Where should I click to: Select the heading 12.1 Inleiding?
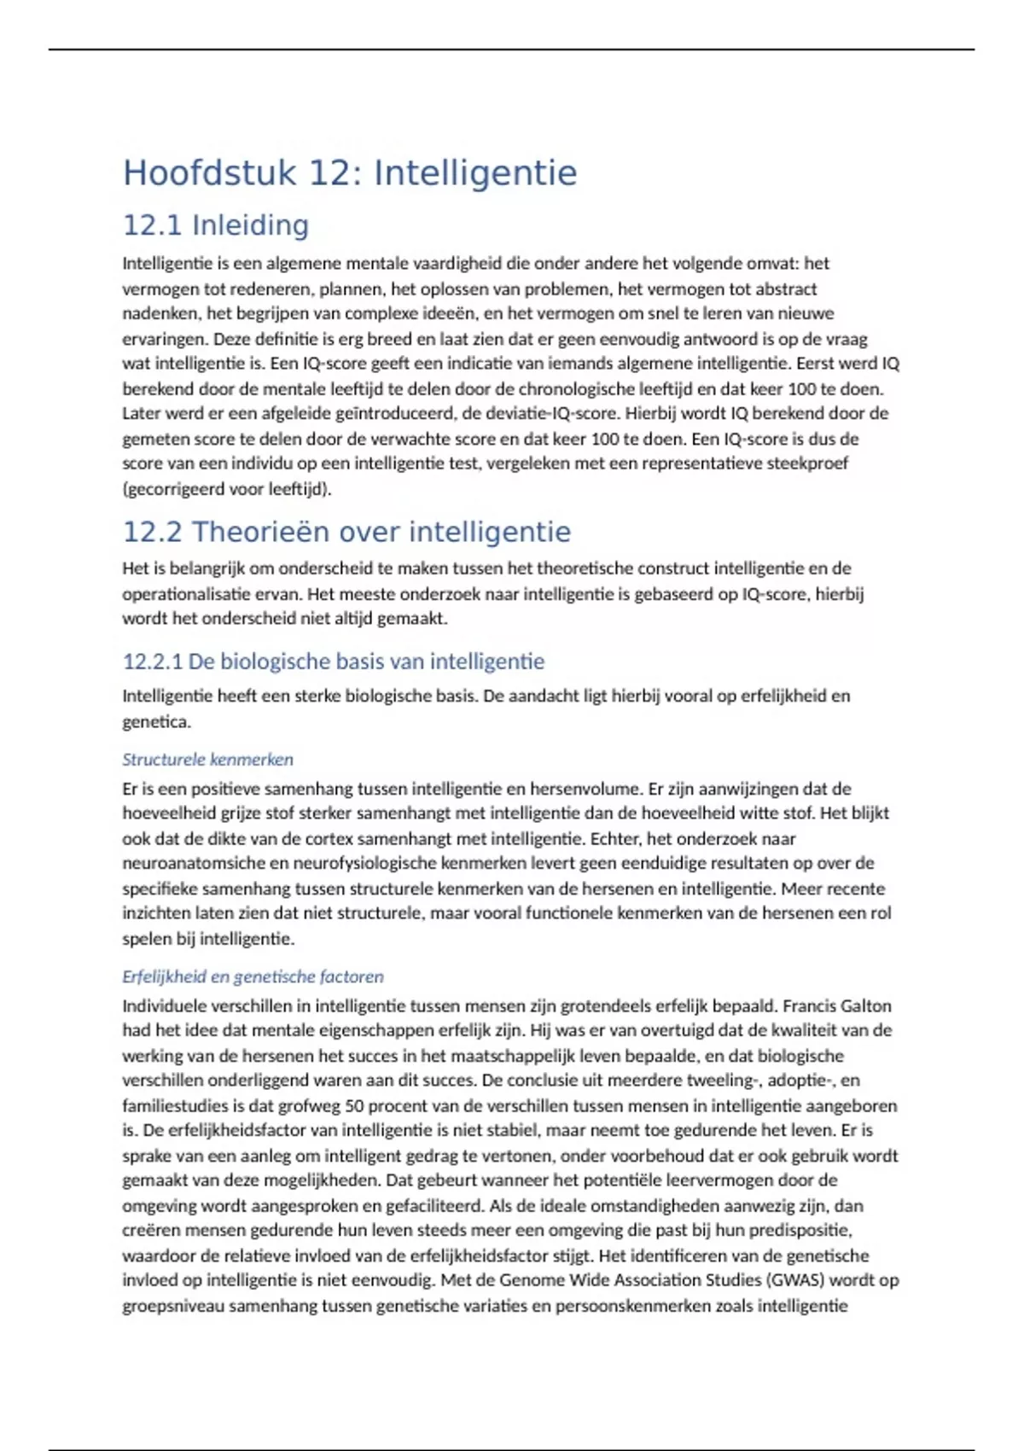pyautogui.click(x=216, y=225)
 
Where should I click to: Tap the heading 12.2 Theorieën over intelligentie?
pyautogui.click(x=346, y=532)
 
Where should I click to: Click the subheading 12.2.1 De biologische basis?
pyautogui.click(x=334, y=661)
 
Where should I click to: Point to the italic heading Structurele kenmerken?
pyautogui.click(x=207, y=760)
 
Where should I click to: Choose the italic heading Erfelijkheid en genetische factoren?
pyautogui.click(x=253, y=976)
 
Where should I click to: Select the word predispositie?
pyautogui.click(x=800, y=1231)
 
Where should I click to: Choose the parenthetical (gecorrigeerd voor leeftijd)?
pyautogui.click(x=227, y=489)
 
